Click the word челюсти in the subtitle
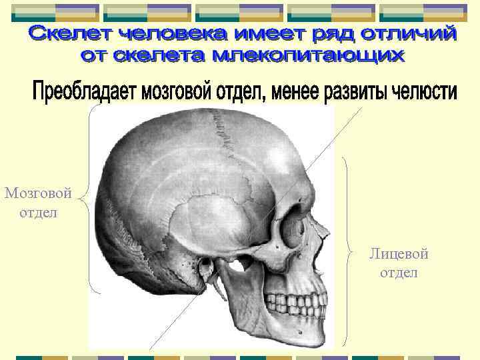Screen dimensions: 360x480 click(x=421, y=92)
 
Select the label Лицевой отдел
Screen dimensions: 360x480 click(x=399, y=263)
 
